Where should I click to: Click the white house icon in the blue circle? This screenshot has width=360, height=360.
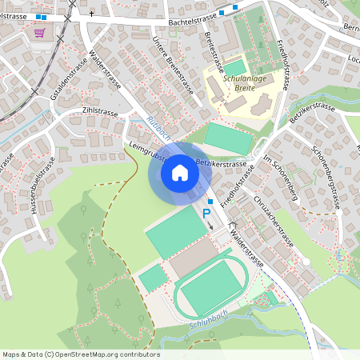tap(179, 172)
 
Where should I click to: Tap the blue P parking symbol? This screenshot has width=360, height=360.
tap(206, 214)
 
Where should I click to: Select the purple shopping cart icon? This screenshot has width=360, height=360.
tap(39, 33)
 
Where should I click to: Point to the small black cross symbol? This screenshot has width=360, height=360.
tap(91, 14)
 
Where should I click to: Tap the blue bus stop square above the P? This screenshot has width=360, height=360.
tap(210, 202)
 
